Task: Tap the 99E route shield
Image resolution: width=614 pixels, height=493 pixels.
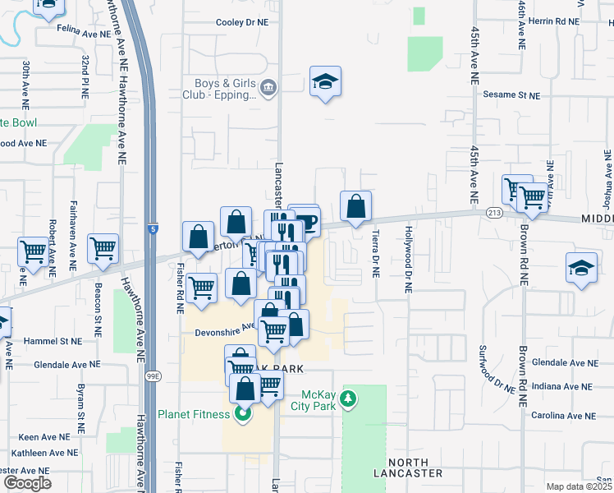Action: point(153,376)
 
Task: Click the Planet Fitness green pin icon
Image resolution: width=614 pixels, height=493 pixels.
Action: point(242,414)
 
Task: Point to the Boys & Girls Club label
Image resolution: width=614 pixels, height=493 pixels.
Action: point(226,88)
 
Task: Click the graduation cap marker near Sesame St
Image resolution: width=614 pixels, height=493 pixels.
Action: point(325,81)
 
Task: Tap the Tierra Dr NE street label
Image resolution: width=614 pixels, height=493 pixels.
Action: point(376,253)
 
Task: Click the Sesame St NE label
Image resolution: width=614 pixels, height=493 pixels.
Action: point(511,95)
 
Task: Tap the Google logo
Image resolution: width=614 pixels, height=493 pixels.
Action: point(26,483)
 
